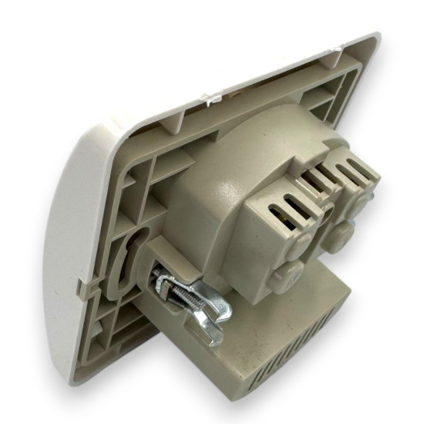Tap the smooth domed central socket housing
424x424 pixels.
click(224, 193)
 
